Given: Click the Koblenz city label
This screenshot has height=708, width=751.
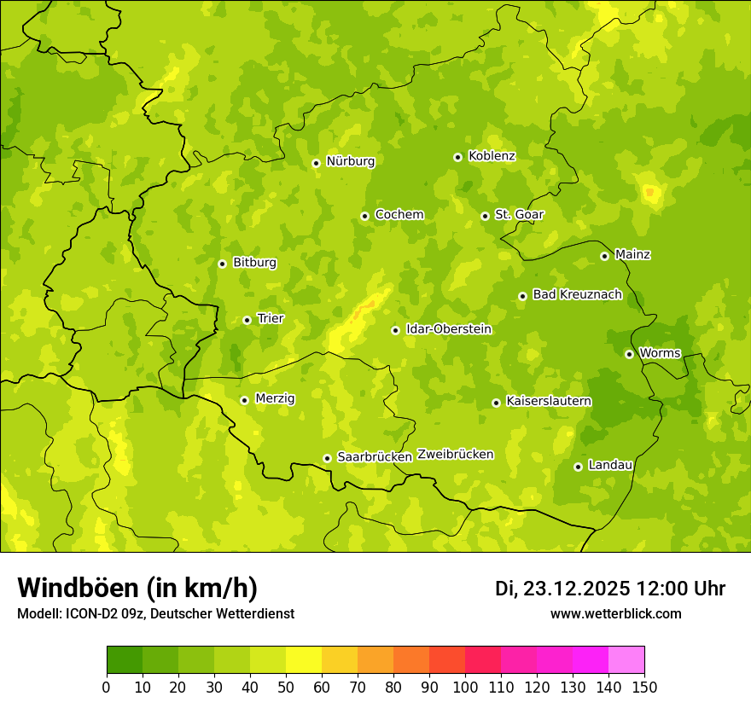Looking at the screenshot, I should pos(492,156).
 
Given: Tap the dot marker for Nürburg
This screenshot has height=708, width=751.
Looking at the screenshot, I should pos(316,163).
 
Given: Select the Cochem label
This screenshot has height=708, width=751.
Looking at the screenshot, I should pos(399,215).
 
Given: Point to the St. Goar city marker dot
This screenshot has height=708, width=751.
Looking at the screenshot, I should pos(485,216).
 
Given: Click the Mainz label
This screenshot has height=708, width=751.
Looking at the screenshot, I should pos(632,255).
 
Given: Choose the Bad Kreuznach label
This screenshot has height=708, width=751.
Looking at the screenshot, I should pos(577,295).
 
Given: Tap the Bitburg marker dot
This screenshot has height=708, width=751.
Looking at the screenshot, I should pos(222,264).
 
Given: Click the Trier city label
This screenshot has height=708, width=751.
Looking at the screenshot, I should pos(271,319).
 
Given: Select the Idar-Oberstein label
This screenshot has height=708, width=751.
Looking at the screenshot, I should pos(448,329).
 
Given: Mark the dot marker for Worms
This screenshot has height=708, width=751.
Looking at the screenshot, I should pos(629,354).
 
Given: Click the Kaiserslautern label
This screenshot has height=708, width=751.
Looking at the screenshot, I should pos(548,402).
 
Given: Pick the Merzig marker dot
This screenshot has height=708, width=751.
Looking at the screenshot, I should pos(244,400).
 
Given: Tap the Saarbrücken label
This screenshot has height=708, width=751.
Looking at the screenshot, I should pos(375,457).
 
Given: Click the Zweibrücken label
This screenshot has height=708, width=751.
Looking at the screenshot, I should pos(455,455).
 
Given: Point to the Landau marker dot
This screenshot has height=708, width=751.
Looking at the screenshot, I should pos(578,467).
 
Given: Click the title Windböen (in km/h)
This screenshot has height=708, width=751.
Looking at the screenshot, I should pos(137,589).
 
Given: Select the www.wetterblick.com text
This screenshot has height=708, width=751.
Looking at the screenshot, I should pos(615,614).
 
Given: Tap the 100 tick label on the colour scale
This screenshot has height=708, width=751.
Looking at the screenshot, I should pos(465,687).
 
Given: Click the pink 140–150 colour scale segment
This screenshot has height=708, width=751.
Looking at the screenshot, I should pos(626,660).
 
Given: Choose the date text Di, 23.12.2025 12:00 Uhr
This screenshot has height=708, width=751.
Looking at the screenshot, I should pos(610,589).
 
